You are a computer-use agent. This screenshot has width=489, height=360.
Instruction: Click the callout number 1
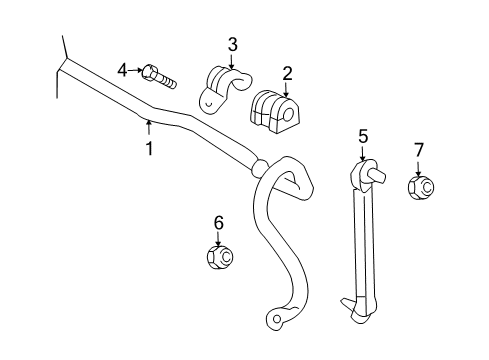(x=150, y=148)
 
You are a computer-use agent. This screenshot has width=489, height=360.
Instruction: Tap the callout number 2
(x=287, y=72)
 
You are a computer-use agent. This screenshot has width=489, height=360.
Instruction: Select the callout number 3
(x=232, y=44)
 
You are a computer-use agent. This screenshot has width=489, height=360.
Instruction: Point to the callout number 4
(x=123, y=69)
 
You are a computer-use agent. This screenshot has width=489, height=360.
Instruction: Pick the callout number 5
(x=364, y=134)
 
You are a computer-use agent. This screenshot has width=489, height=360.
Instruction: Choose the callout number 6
(x=218, y=222)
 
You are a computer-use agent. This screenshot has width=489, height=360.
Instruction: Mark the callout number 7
(x=418, y=150)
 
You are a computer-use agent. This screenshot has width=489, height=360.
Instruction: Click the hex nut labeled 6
(x=219, y=258)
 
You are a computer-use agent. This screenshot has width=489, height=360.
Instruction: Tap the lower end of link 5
(x=356, y=310)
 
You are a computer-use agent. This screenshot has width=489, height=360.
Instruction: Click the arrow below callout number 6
(x=218, y=238)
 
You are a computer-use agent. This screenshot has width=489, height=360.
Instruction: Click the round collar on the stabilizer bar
(x=260, y=168)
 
